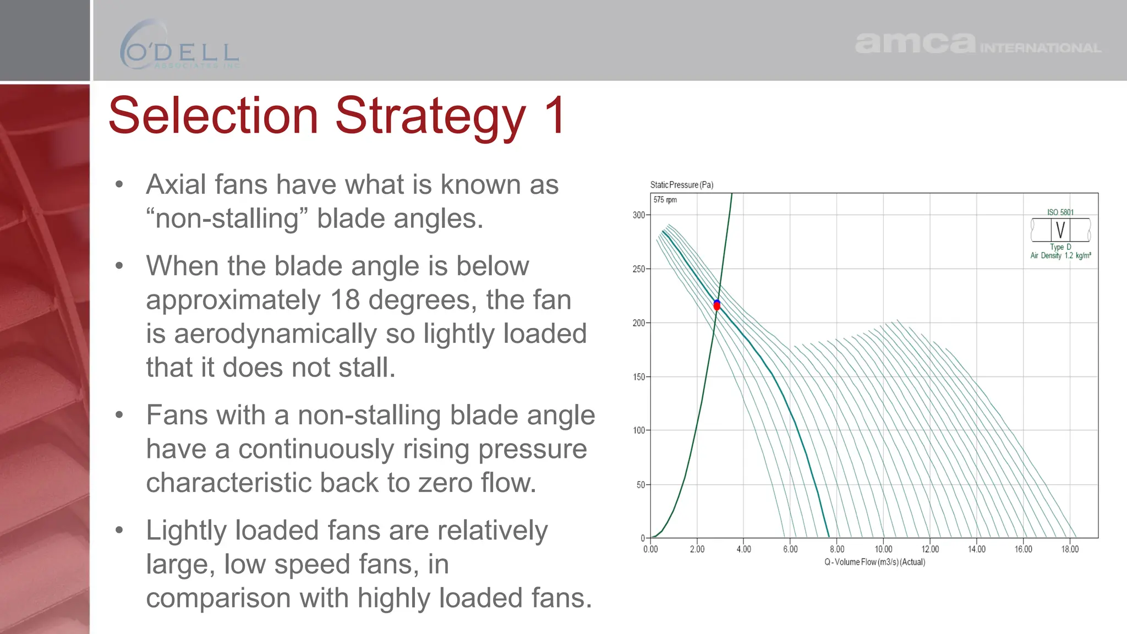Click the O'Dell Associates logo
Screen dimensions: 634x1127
click(x=179, y=46)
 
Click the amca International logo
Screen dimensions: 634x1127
click(x=977, y=43)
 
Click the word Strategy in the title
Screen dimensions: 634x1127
click(x=430, y=116)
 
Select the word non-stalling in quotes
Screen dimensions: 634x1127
click(x=227, y=219)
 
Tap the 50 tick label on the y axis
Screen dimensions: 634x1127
click(x=641, y=485)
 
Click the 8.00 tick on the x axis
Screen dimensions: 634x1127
click(x=836, y=549)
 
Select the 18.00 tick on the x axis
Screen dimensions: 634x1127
click(x=1069, y=549)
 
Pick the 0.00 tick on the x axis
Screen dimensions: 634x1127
click(x=650, y=549)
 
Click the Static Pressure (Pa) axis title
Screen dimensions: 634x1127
click(x=681, y=185)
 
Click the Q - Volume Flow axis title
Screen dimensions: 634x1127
click(x=874, y=562)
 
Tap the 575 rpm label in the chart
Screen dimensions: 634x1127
click(x=665, y=200)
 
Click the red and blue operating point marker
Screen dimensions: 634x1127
click(x=716, y=305)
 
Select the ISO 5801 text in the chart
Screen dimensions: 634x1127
click(x=1060, y=212)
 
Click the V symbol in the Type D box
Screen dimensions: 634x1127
click(x=1060, y=230)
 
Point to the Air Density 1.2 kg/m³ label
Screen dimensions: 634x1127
click(x=1060, y=255)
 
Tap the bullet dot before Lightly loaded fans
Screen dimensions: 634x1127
click(x=119, y=531)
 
